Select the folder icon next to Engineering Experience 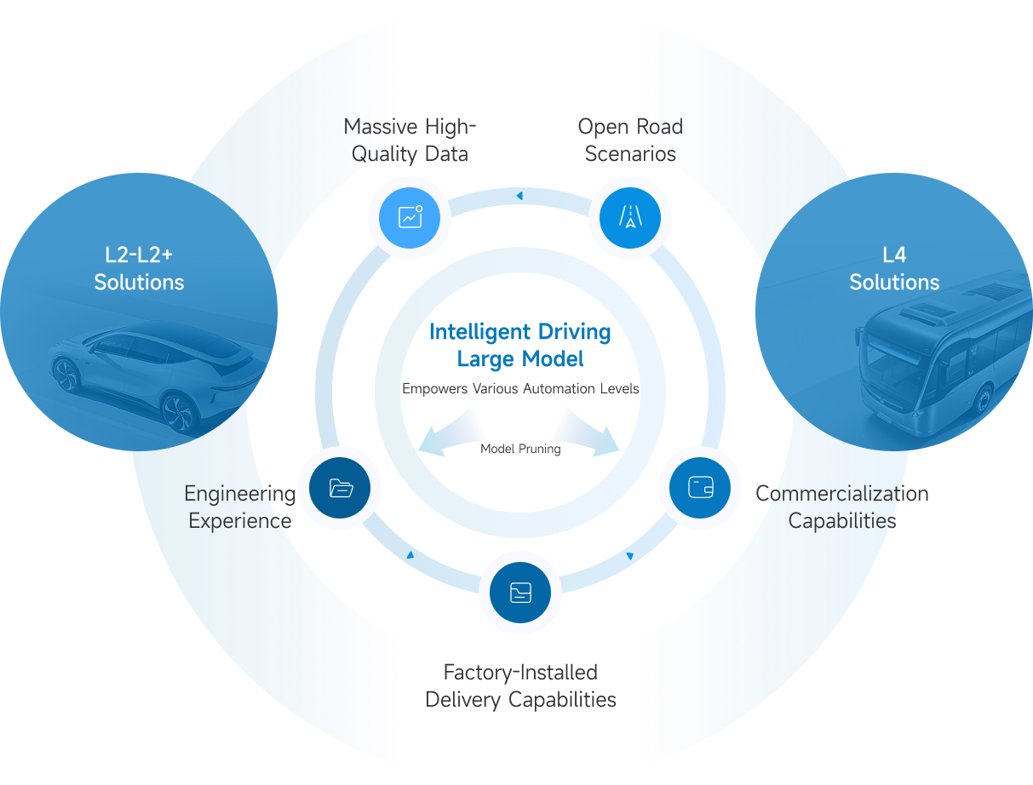(x=340, y=488)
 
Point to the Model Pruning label (x=520, y=449)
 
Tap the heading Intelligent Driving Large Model (x=520, y=345)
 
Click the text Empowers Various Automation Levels (x=520, y=388)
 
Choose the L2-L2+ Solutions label (x=139, y=268)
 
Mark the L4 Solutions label (x=894, y=268)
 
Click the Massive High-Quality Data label (x=410, y=140)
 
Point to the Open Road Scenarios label (x=630, y=140)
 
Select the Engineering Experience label (x=240, y=507)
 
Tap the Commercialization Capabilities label (x=841, y=507)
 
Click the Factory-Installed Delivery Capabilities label (x=520, y=686)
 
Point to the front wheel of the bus (x=985, y=399)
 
